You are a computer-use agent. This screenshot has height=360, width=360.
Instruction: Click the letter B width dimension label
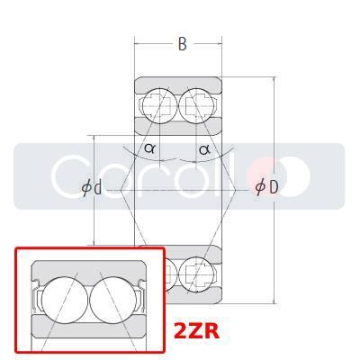tap(182, 44)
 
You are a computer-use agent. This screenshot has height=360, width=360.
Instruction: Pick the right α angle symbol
tap(204, 148)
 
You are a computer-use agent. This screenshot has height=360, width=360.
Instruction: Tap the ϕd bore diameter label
tap(92, 188)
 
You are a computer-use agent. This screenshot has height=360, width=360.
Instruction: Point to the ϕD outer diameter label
tap(266, 187)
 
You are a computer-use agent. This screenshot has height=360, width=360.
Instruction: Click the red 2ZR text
tap(196, 331)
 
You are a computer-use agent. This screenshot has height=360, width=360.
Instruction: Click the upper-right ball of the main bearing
tap(197, 104)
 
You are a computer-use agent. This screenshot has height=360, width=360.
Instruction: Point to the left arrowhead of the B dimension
tap(138, 44)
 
